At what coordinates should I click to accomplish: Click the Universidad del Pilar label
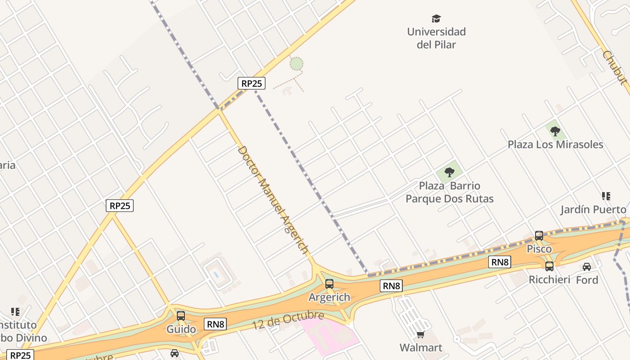436,38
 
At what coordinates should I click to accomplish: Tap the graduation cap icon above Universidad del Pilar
436,19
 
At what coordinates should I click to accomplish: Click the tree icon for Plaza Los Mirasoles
555,131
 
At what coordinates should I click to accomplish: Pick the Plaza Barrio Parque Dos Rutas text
450,192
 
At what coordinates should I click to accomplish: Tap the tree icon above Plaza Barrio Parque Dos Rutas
449,172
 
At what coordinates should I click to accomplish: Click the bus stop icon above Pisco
539,235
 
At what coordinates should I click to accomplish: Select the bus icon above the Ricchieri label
549,266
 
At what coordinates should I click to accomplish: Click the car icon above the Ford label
587,266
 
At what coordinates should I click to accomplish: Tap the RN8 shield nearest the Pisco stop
499,262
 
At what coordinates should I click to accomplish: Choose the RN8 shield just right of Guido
215,324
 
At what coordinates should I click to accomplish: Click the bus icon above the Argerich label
329,283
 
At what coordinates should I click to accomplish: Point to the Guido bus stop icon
181,316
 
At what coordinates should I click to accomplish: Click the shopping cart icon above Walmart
420,334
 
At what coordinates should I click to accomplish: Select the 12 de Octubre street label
288,320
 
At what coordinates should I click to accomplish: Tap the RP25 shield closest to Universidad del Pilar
251,83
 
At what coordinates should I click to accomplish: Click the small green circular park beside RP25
296,63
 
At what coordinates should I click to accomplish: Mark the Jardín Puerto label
593,210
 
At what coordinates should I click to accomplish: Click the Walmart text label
421,347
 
